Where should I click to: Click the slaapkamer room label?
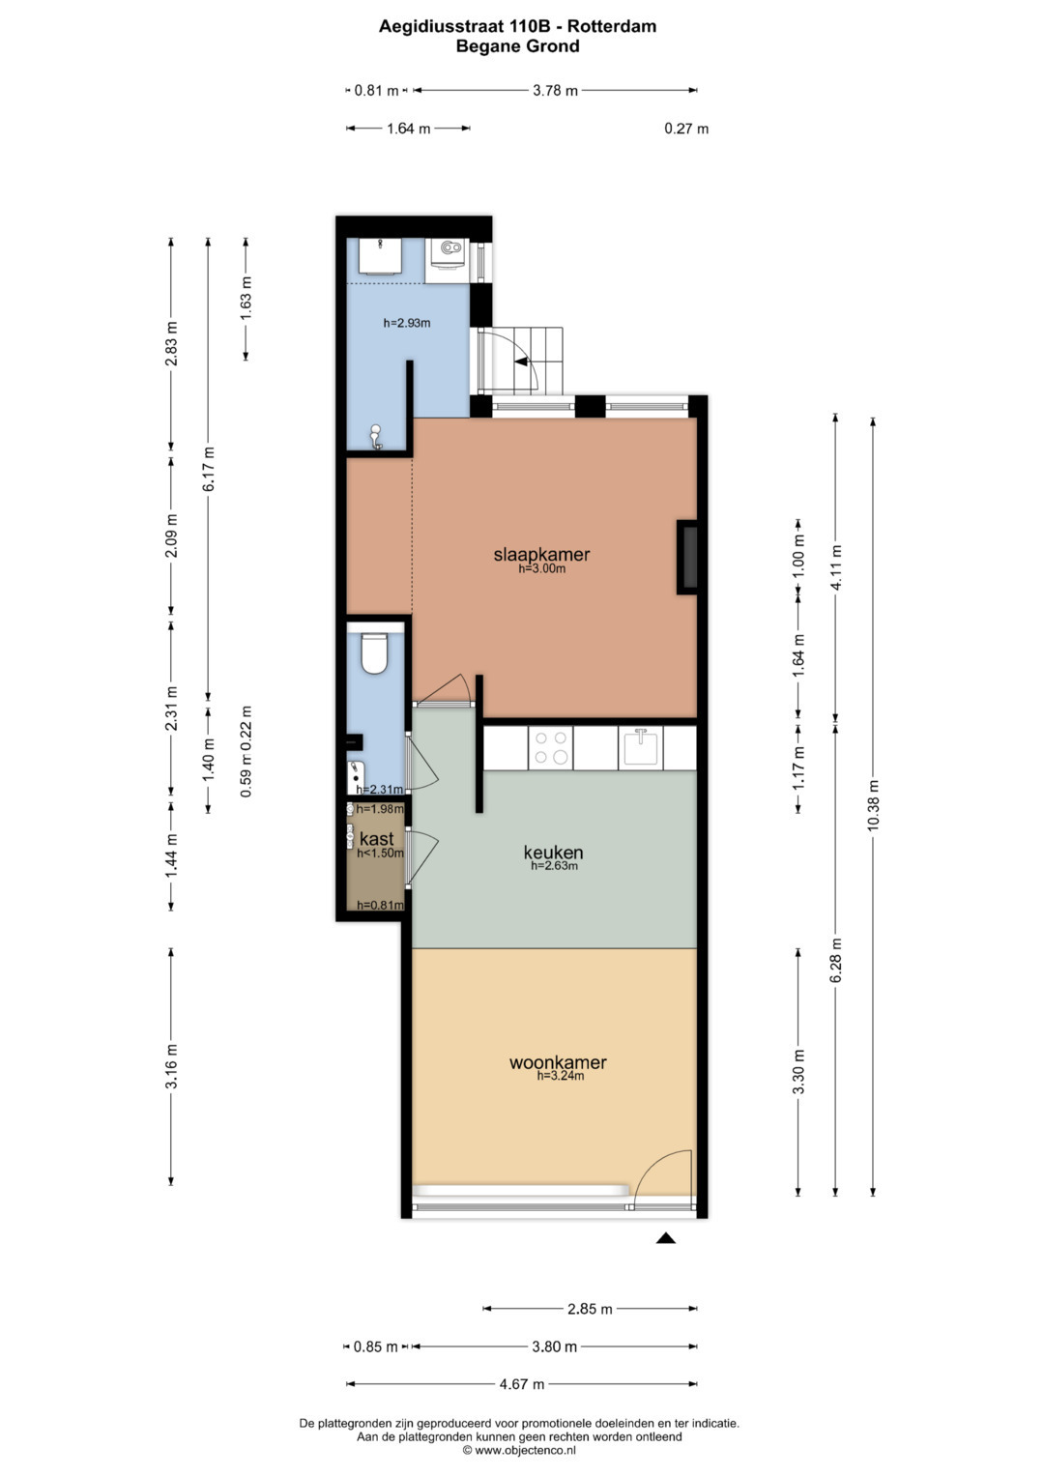pos(541,555)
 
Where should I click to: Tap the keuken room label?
pos(553,852)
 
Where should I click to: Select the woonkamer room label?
pos(558,1062)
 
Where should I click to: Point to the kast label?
pos(376,839)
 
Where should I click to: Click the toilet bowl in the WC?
pos(374,652)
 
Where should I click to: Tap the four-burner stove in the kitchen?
pos(550,747)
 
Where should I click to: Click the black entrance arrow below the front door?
pos(666,1238)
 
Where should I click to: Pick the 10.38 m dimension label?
pos(873,804)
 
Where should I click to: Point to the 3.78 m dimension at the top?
pos(555,90)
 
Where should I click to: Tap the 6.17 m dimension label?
pos(208,469)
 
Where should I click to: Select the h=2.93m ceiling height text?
pos(407,323)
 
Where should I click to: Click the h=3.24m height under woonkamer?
pos(561,1076)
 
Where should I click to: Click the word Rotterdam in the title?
pos(612,26)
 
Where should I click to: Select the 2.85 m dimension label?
pos(590,1309)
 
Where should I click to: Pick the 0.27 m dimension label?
pos(686,129)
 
